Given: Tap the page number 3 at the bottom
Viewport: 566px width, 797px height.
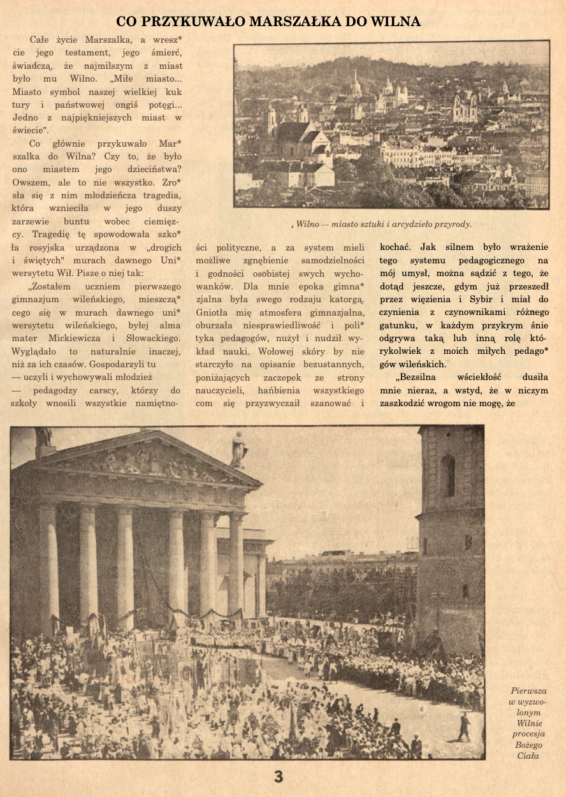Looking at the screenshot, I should coord(279,776).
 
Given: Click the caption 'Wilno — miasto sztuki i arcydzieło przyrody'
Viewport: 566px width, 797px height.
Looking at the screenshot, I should coord(384,224).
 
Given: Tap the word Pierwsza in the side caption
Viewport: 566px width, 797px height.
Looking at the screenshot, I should coord(528,691).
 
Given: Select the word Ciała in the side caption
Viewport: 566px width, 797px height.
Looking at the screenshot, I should coord(528,756).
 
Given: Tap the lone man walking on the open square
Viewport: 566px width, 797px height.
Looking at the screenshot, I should coord(463,727).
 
